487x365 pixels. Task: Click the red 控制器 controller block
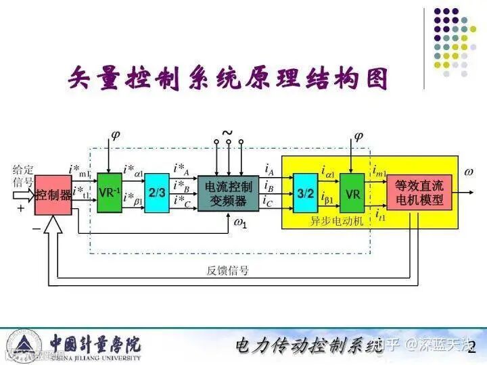(x=53, y=195)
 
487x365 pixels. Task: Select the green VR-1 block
(x=110, y=193)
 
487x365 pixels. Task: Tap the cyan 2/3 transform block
(x=157, y=193)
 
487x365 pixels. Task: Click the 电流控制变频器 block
(x=228, y=193)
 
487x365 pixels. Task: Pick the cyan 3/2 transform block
(x=306, y=193)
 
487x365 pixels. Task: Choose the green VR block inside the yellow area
(x=352, y=193)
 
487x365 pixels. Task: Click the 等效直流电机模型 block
(x=419, y=192)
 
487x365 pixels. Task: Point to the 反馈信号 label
(x=227, y=271)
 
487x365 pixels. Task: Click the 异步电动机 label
(x=337, y=221)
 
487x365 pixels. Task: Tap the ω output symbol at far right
(x=468, y=172)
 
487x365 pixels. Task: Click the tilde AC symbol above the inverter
(x=227, y=133)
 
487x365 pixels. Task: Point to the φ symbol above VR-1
(x=115, y=135)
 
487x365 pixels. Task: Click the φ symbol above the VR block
(x=358, y=136)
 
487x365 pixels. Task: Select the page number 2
(x=472, y=347)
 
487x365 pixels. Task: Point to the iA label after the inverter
(x=269, y=169)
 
